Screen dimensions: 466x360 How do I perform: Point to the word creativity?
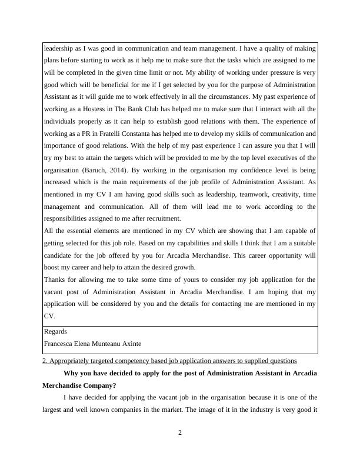(271, 194)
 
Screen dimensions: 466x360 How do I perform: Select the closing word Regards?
(56, 331)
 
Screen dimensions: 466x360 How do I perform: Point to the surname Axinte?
(129, 343)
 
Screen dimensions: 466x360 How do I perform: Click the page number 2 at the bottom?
(180, 434)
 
